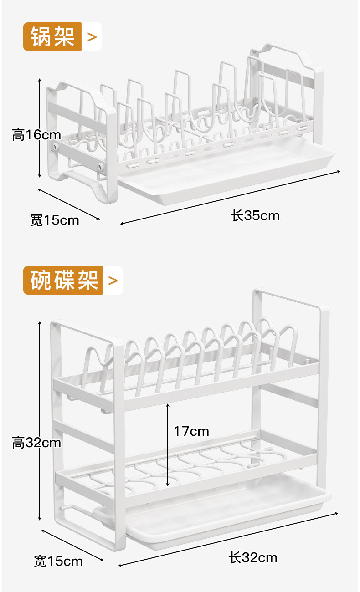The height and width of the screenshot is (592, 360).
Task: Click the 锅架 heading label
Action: point(52,36)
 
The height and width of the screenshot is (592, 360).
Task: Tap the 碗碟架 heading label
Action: point(64,280)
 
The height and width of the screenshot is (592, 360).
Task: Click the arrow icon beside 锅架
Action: point(92,36)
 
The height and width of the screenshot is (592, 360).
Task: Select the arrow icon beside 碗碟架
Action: point(113,280)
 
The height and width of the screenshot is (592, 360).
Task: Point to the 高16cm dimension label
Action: point(36,135)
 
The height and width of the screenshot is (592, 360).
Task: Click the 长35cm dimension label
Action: point(255,215)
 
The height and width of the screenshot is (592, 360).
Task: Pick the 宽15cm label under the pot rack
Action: point(55,220)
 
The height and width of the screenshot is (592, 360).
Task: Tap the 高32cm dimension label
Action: point(36,442)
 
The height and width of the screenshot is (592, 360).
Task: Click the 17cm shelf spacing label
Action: point(191,431)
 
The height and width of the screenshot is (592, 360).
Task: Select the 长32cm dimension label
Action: point(253,557)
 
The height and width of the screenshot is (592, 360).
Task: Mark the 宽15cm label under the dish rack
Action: point(58,561)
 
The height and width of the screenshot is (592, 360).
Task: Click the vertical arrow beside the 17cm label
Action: point(168,444)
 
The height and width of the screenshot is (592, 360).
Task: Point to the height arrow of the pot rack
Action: point(40,128)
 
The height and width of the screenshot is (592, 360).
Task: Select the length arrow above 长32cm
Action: point(228,540)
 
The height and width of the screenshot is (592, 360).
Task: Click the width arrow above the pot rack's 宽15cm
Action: point(68,204)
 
